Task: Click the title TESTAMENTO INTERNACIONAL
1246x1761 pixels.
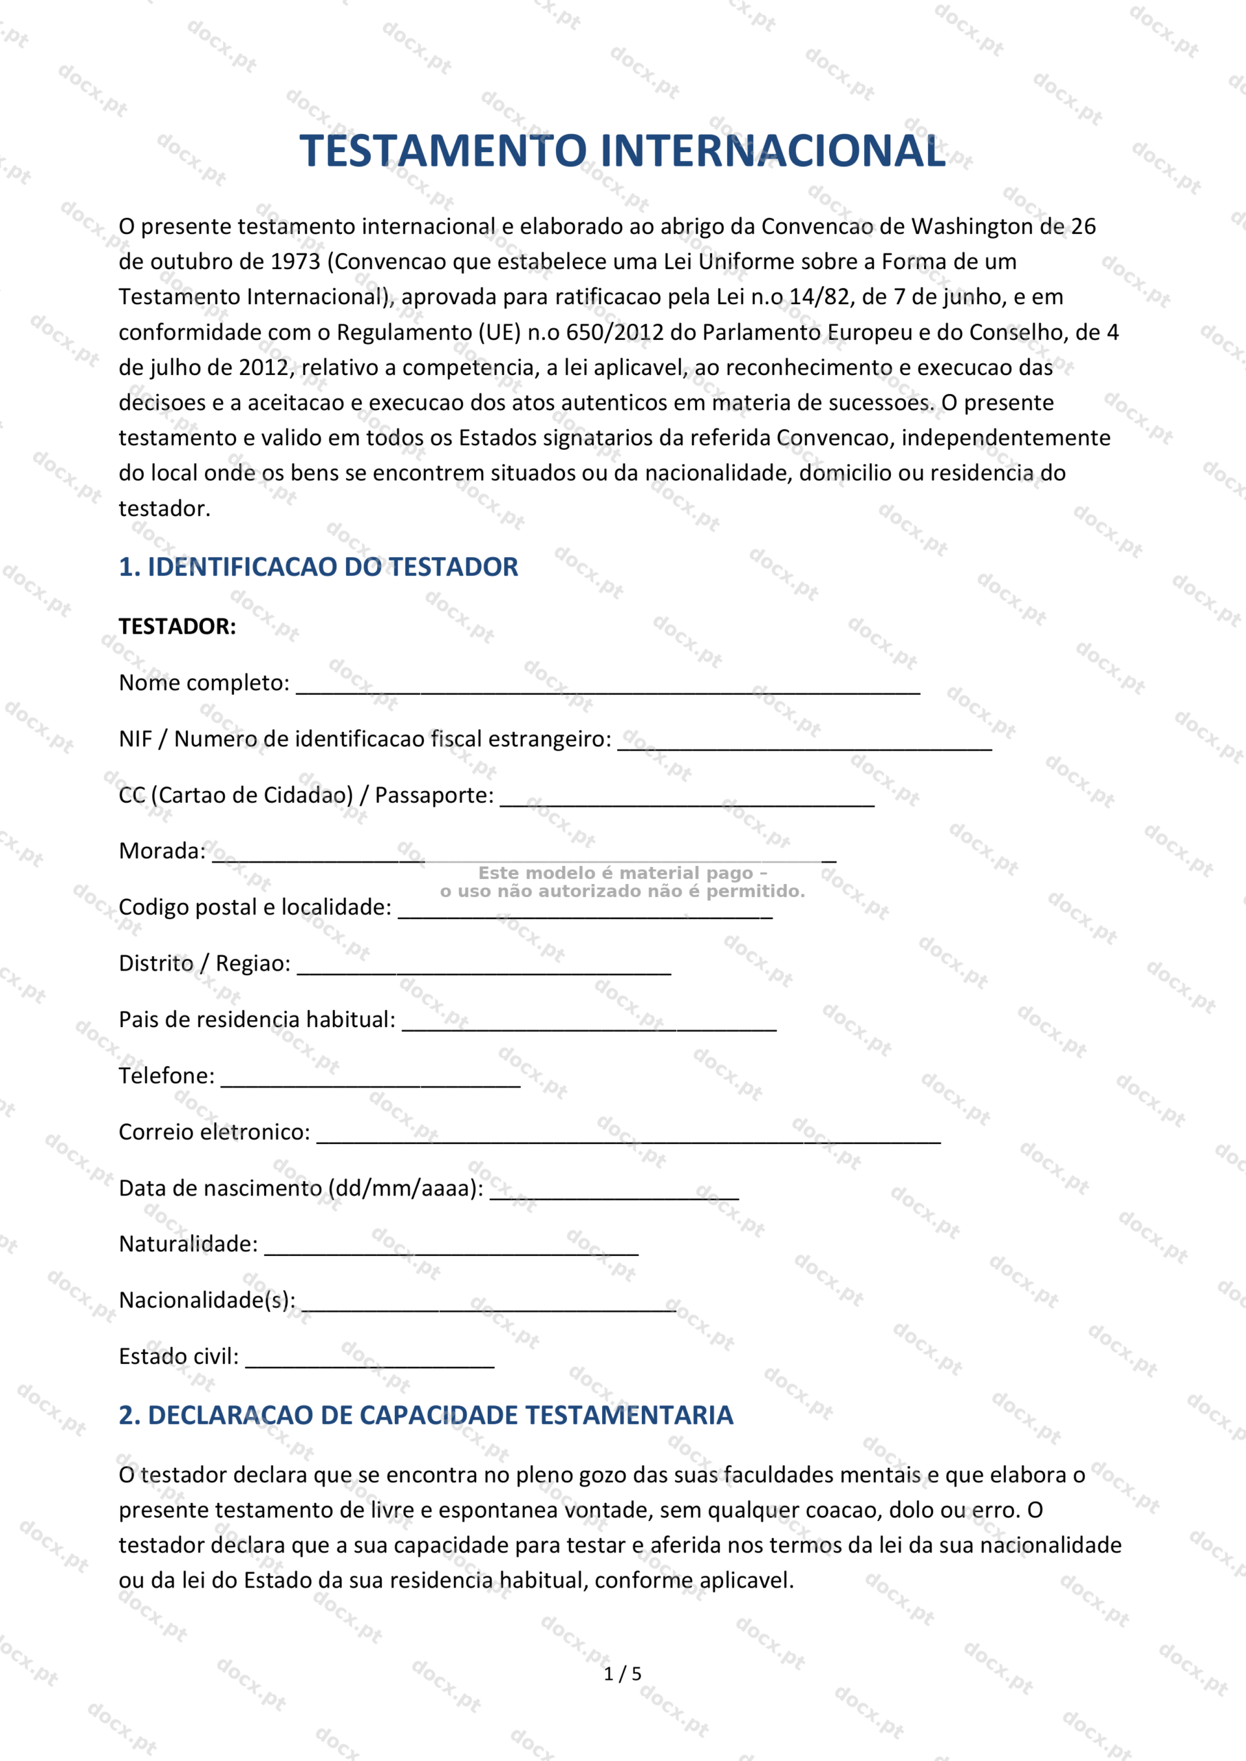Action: coord(622,151)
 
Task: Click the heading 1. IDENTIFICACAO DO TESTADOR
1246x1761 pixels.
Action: coord(319,567)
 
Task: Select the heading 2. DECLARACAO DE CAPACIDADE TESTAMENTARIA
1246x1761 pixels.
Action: coord(426,1415)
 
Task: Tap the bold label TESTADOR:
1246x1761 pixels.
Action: coord(178,627)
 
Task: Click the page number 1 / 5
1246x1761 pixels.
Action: coord(622,1674)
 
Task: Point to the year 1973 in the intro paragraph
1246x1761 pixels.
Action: coord(295,261)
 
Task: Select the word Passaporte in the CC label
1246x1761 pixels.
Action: coord(434,795)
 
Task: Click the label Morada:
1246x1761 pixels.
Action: coord(162,852)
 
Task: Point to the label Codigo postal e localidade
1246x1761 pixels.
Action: coord(255,907)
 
